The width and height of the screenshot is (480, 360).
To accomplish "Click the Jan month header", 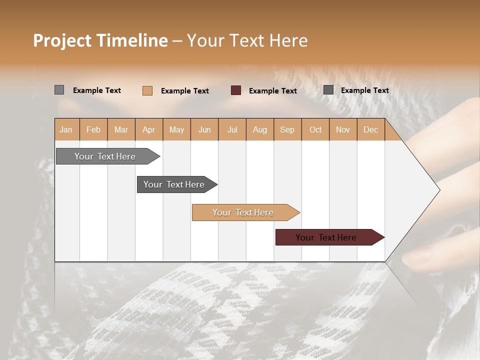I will pyautogui.click(x=66, y=129).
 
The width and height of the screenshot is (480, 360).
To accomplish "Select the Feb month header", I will pyautogui.click(x=93, y=129).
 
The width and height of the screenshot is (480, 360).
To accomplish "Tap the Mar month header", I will pyautogui.click(x=121, y=129).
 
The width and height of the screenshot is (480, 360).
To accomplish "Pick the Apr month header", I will pyautogui.click(x=149, y=129).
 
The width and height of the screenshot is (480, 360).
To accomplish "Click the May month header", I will pyautogui.click(x=176, y=129).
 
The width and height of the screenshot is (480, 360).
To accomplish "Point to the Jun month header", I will pyautogui.click(x=204, y=129).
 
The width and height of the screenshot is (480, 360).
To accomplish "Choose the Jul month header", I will pyautogui.click(x=232, y=129).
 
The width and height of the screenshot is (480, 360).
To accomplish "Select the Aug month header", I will pyautogui.click(x=260, y=129).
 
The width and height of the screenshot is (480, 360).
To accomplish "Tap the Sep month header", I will pyautogui.click(x=287, y=129).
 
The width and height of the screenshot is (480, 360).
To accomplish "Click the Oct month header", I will pyautogui.click(x=315, y=129).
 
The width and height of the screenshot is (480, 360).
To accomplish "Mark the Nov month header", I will pyautogui.click(x=343, y=129).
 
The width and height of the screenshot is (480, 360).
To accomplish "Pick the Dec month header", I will pyautogui.click(x=371, y=129).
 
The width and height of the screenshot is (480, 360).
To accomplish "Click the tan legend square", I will pyautogui.click(x=147, y=90).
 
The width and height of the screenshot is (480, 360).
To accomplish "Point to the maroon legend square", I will pyautogui.click(x=236, y=90).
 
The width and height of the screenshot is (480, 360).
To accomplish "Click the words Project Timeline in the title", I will pyautogui.click(x=100, y=40).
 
